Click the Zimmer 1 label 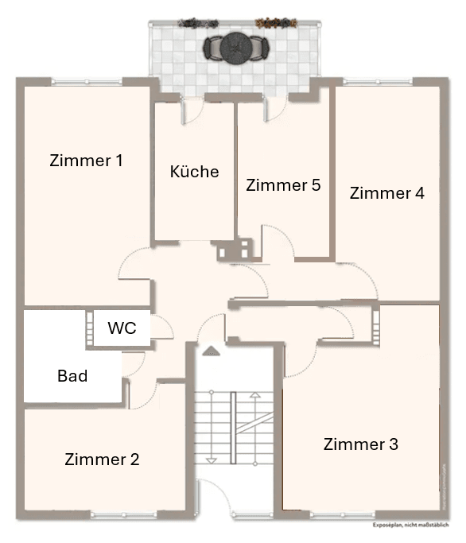tap(86, 161)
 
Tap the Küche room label tap(194, 172)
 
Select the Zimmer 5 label tap(283, 185)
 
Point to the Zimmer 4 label tap(386, 193)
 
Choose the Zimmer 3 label tap(360, 444)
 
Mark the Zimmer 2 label tap(102, 460)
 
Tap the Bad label tap(72, 376)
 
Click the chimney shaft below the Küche tap(236, 249)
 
